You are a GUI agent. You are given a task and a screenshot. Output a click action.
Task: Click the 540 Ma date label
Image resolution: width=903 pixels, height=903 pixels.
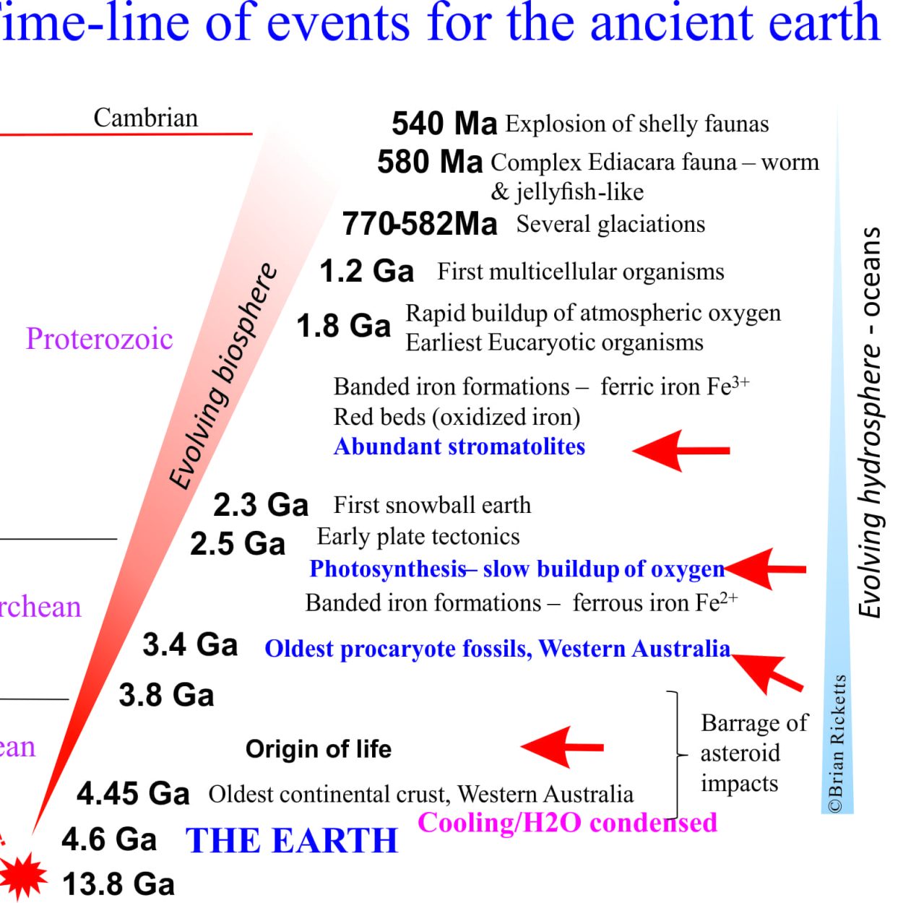click(x=444, y=124)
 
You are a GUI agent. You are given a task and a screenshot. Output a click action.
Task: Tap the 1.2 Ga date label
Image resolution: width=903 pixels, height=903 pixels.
click(x=366, y=272)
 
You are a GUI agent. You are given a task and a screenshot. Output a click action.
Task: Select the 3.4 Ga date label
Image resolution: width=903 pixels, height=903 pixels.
click(x=190, y=644)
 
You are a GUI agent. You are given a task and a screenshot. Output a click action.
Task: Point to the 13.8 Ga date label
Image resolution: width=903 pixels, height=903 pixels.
click(x=118, y=883)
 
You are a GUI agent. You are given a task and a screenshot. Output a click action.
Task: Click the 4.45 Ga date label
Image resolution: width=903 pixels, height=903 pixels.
click(x=133, y=794)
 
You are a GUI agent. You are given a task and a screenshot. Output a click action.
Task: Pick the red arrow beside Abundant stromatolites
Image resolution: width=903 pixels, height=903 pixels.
click(x=681, y=450)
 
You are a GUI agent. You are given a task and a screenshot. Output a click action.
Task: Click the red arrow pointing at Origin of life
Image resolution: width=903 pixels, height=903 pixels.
click(x=562, y=747)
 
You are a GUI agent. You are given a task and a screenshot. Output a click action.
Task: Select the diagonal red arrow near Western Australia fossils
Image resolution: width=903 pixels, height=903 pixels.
click(x=767, y=673)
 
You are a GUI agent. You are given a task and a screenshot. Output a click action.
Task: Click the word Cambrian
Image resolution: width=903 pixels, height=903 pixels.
click(x=146, y=118)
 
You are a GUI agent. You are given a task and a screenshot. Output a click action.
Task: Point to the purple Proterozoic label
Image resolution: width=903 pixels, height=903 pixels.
click(x=100, y=338)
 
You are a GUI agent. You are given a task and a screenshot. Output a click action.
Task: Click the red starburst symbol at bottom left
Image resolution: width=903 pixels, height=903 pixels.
click(x=22, y=876)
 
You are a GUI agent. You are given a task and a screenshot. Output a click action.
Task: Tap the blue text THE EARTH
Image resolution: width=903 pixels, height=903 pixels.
click(x=291, y=841)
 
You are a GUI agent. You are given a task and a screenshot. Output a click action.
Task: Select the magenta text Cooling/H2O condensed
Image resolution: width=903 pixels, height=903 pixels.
click(x=567, y=822)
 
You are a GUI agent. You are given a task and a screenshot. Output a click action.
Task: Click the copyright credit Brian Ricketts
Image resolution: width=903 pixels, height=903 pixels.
click(x=837, y=743)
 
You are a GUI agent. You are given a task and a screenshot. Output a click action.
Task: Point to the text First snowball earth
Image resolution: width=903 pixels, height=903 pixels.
click(x=432, y=505)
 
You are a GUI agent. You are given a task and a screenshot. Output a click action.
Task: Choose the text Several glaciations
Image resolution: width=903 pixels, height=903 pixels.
click(x=610, y=224)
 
